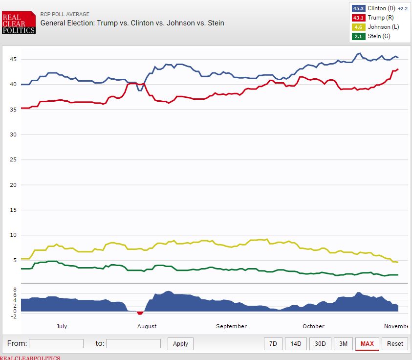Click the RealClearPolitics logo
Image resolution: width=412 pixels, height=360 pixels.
click(19, 23)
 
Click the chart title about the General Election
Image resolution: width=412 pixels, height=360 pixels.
click(132, 22)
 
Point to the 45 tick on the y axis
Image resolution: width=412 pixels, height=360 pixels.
click(13, 59)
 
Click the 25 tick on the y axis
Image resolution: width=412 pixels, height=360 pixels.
click(13, 159)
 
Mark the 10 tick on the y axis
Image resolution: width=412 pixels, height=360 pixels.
click(13, 235)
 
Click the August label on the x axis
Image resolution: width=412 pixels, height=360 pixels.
click(147, 326)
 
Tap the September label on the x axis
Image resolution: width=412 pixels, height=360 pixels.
click(231, 326)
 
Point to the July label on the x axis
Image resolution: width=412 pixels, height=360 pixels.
click(62, 326)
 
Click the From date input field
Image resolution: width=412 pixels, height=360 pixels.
click(56, 343)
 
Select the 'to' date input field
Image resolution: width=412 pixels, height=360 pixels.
click(133, 343)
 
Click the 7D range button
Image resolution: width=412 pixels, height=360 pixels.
click(273, 343)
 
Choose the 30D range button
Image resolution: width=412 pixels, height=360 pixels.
click(320, 343)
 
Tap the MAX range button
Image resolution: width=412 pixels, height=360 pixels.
click(367, 343)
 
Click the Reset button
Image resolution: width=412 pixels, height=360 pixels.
click(395, 343)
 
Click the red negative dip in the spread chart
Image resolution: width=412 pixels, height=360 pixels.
click(140, 313)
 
